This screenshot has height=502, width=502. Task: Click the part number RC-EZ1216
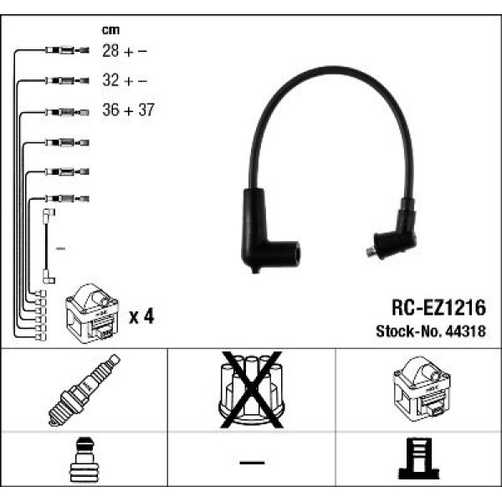click(439, 309)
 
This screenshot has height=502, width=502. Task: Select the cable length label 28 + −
click(125, 51)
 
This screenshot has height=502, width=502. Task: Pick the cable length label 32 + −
click(125, 81)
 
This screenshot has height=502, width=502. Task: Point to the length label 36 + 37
click(128, 110)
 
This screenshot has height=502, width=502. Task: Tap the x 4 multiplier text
click(141, 316)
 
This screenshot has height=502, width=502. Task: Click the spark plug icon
click(85, 390)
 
